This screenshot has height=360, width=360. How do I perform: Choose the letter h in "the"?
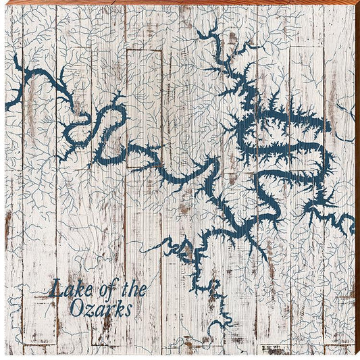(134, 290)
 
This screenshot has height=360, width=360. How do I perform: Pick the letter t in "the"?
(126, 290)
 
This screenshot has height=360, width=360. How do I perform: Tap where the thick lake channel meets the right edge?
(351, 222)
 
